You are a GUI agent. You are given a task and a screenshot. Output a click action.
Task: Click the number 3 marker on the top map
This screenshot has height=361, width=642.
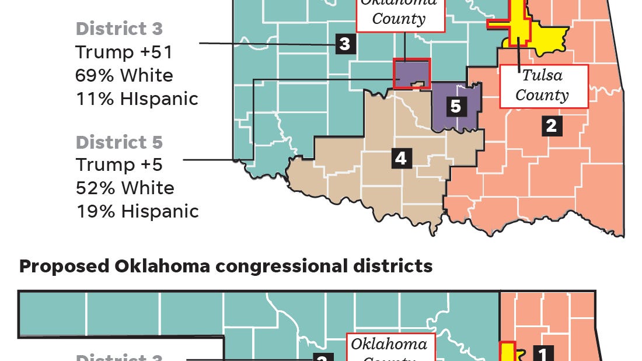coord(345,44)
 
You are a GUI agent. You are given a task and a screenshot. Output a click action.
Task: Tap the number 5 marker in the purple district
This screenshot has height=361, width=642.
coord(456,106)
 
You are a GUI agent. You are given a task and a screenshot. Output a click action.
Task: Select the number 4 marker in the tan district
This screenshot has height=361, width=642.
coord(400,158)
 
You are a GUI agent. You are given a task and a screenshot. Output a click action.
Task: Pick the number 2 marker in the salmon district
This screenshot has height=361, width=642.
coord(552,125)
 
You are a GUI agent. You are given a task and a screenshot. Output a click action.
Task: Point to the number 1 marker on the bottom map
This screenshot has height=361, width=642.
coord(543,353)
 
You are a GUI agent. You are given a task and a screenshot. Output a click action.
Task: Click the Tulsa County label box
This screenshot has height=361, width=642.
coord(543,86)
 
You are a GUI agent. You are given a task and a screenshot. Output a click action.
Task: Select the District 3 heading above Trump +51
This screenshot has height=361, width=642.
coord(119,29)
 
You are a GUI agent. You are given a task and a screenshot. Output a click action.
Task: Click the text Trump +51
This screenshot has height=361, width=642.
coord(124,52)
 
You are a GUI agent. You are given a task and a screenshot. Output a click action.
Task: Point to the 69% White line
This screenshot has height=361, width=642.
coord(124,75)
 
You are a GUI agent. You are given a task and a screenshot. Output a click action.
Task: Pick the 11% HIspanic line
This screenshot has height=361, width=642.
coord(137,99)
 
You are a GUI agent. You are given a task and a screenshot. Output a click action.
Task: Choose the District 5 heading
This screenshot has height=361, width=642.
coord(119,142)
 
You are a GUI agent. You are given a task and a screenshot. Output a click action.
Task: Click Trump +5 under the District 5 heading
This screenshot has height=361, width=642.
coord(119,164)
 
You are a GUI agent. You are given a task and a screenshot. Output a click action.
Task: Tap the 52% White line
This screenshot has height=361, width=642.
coord(124,188)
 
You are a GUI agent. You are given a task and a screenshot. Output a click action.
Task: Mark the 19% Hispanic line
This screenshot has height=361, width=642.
coord(137,211)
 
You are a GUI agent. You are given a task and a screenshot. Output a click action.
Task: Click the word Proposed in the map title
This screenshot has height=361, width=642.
coord(64,266)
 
